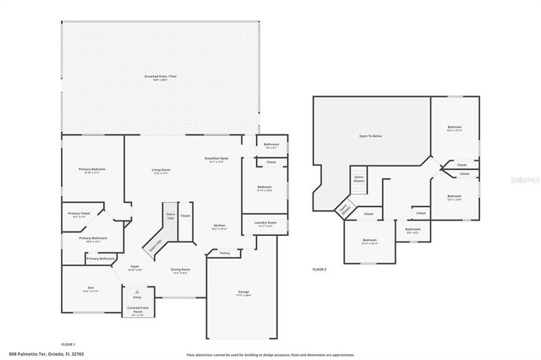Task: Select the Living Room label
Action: pyautogui.click(x=160, y=170)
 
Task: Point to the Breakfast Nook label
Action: pyautogui.click(x=216, y=159)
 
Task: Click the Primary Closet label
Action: pyautogui.click(x=79, y=214)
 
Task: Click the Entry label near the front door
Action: pyautogui.click(x=137, y=297)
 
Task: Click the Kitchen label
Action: pyautogui.click(x=218, y=226)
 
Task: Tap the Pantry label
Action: pyautogui.click(x=224, y=253)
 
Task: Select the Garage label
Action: pyautogui.click(x=243, y=292)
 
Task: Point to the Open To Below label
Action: pyautogui.click(x=370, y=135)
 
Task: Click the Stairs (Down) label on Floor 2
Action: pyautogui.click(x=358, y=178)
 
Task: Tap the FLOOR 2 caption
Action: pyautogui.click(x=320, y=268)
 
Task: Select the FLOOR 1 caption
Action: pyautogui.click(x=68, y=344)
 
